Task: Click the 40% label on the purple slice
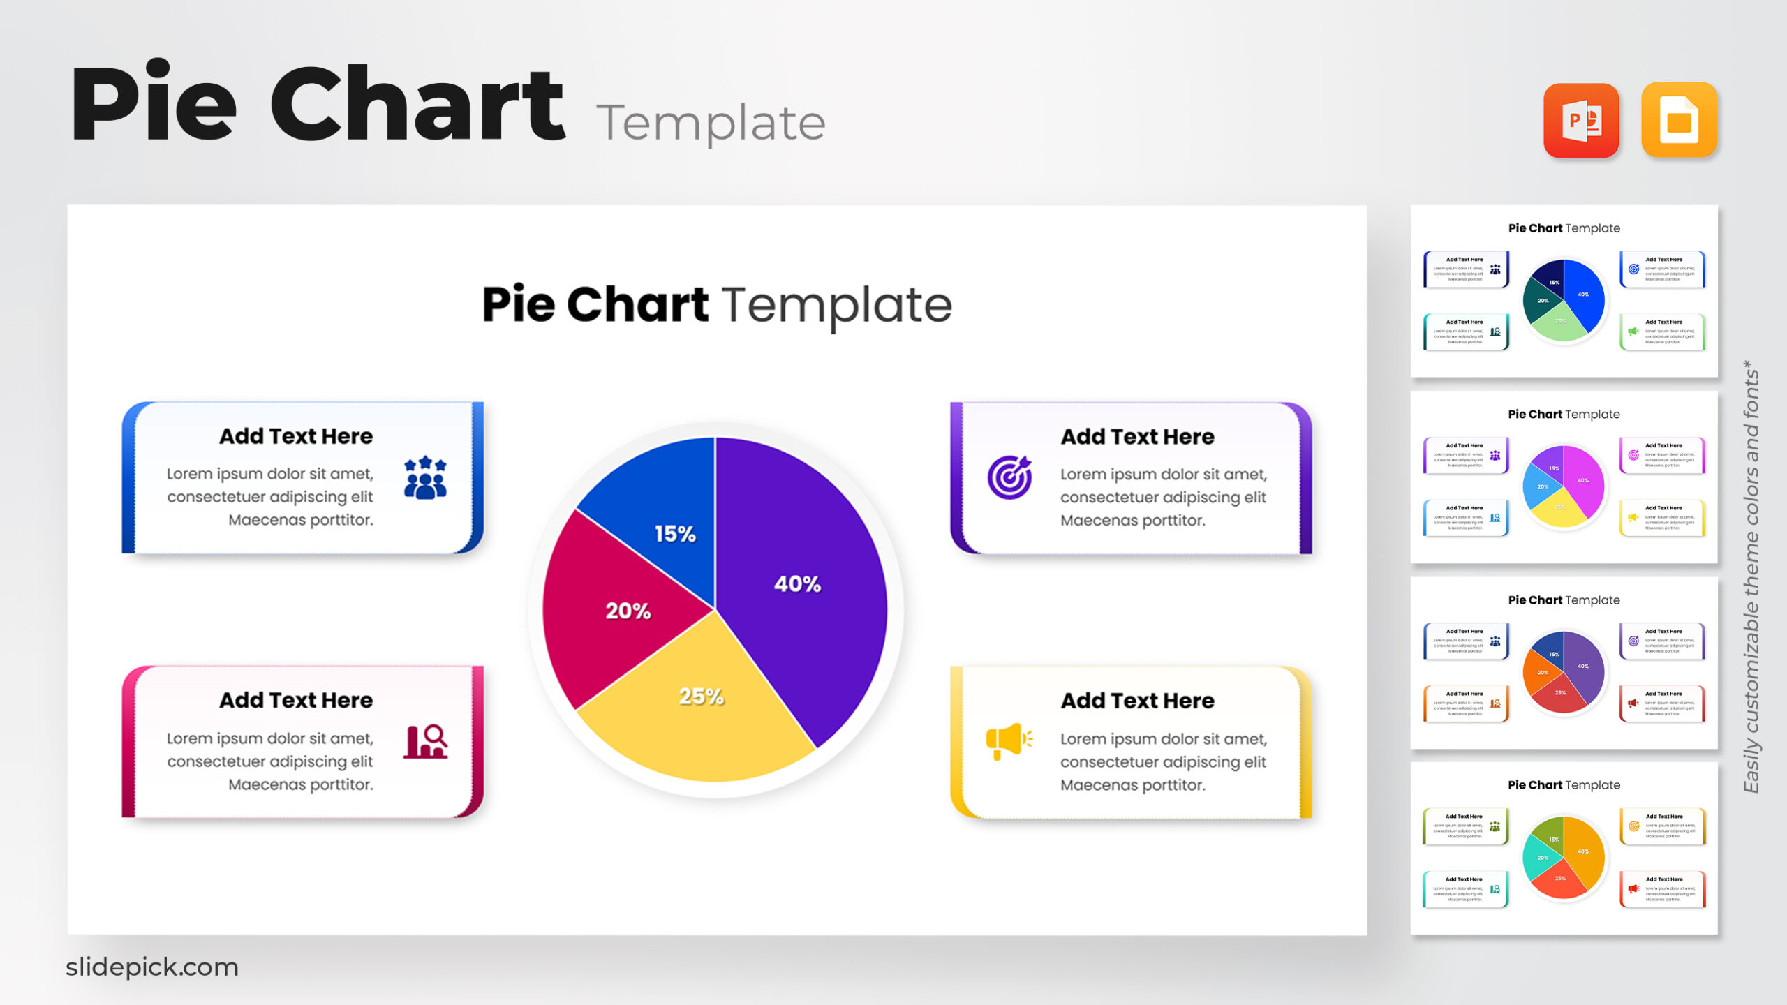(x=797, y=583)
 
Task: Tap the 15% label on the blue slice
(x=674, y=534)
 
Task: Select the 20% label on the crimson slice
(x=628, y=611)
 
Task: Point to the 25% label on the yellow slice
(x=701, y=696)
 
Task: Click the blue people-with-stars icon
(x=425, y=478)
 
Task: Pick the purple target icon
(x=1009, y=477)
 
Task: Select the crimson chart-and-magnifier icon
(x=426, y=741)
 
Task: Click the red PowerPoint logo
(x=1581, y=121)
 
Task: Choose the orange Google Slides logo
(x=1679, y=121)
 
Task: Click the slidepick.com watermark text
(x=152, y=967)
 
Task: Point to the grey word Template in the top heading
(x=711, y=123)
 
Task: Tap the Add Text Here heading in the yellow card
(x=1137, y=700)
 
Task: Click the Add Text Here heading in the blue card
(x=296, y=436)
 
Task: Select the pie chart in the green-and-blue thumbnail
(x=1564, y=300)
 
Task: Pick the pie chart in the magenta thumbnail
(x=1564, y=486)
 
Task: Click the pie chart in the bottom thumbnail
(x=1564, y=857)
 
